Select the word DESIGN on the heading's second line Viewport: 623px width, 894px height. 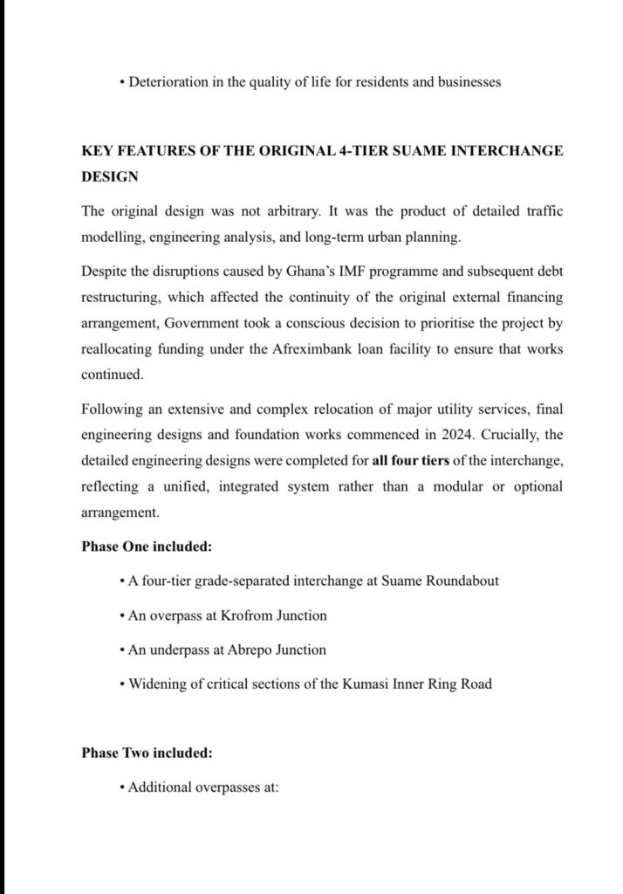(x=110, y=175)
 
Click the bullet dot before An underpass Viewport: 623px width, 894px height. (x=120, y=650)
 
